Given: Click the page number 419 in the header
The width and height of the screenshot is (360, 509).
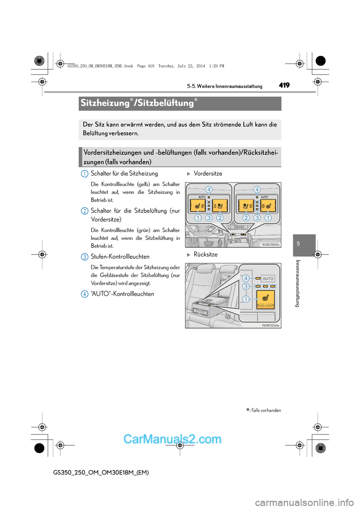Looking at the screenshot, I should tap(284, 85).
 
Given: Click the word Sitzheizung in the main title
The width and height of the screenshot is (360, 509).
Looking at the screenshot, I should tap(105, 103).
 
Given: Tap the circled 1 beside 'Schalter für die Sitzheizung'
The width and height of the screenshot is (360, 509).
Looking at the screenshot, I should tap(85, 174).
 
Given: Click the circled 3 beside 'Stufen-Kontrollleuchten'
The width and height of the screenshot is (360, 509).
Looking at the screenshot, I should tap(85, 257).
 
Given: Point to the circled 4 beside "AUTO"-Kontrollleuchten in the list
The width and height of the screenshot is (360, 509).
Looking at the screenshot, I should tap(85, 294).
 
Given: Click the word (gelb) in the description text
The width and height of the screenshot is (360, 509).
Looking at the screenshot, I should tap(143, 184).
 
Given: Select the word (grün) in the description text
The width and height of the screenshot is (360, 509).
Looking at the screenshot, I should tap(143, 231).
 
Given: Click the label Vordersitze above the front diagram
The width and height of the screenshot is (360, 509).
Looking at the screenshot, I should tap(208, 174).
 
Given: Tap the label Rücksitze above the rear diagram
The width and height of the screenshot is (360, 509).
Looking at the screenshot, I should tap(205, 254).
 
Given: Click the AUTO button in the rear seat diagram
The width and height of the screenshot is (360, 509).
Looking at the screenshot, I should tap(268, 278).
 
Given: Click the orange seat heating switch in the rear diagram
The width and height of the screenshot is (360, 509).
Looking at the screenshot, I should tap(265, 299).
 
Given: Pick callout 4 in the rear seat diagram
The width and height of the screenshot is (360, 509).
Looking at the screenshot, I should tap(246, 278).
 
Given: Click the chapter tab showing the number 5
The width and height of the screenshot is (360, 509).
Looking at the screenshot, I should tap(298, 244).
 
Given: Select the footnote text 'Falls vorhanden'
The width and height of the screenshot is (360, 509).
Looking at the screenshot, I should tap(266, 410).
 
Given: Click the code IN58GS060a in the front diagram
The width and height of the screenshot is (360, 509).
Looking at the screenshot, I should tap(270, 245).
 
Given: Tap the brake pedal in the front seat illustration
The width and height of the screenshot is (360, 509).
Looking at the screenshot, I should tap(208, 243).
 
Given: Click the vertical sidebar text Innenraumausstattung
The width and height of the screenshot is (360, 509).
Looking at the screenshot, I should tap(298, 283).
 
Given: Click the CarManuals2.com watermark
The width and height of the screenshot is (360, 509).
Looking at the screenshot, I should tap(172, 439).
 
